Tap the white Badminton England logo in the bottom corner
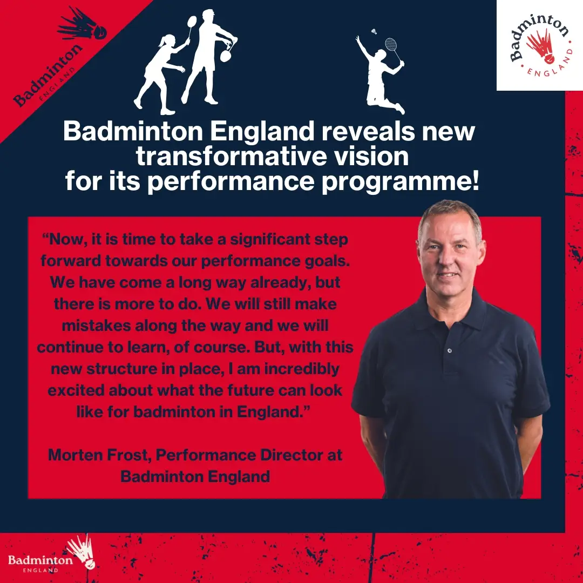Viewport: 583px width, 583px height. point(49,557)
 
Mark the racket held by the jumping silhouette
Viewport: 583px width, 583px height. point(392,49)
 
